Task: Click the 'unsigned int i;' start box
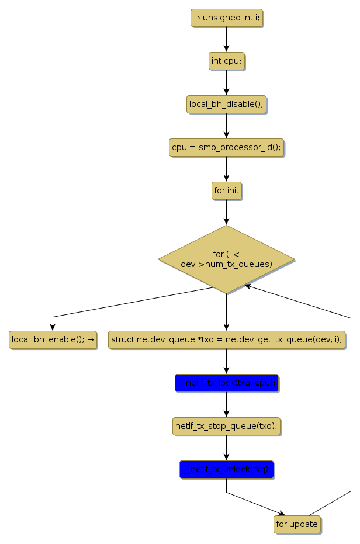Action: [x=226, y=18]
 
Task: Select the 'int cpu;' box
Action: [x=226, y=61]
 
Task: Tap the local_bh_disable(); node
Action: [x=226, y=104]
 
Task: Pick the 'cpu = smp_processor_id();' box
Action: [x=226, y=147]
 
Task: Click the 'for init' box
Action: [x=226, y=190]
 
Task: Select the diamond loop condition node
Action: [x=226, y=259]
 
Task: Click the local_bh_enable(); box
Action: [x=53, y=339]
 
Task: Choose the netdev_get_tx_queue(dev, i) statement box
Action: [x=226, y=339]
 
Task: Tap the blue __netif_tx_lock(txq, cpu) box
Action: [x=226, y=383]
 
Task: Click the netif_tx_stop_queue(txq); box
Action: [x=226, y=426]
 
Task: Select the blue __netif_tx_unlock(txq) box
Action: [x=226, y=469]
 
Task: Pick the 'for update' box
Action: [x=297, y=524]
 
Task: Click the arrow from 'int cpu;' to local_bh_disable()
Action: [x=226, y=82]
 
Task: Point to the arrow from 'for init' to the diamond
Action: [x=226, y=212]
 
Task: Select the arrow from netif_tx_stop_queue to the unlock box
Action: [x=226, y=448]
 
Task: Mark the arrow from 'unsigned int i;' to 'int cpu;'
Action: [x=226, y=39]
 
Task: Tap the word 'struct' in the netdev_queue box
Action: [x=123, y=339]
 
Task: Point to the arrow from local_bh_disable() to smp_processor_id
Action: [x=226, y=126]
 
